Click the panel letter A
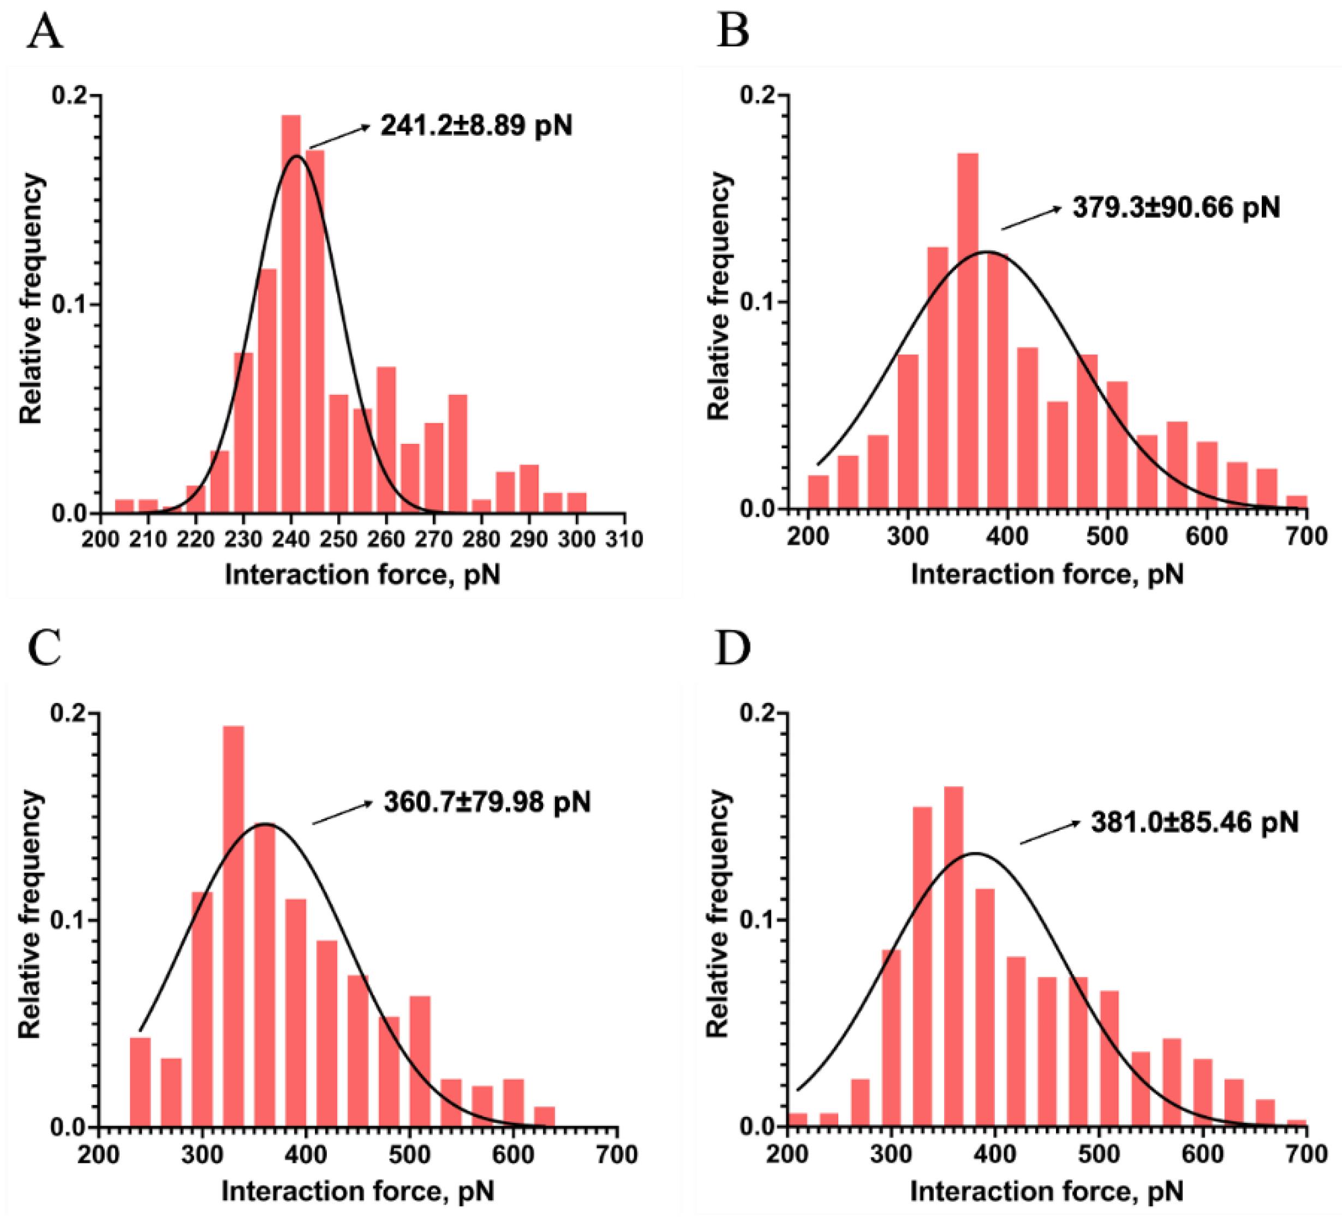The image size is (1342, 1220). coord(45,32)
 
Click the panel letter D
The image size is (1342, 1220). coord(732,648)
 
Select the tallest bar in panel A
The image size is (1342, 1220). coord(291,312)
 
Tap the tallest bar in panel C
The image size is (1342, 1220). coord(233,924)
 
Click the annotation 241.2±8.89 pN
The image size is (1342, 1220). coord(476,125)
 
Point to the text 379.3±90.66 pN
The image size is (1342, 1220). coord(1176,208)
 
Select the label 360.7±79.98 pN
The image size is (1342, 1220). coord(487,802)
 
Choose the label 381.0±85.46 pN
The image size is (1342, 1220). coord(1194,823)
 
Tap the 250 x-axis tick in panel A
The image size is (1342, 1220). coord(339,539)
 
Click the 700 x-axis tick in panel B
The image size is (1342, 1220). coord(1307,536)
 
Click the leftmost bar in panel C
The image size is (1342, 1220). coord(140,1081)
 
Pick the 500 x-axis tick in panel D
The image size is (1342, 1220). coord(1099,1153)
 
